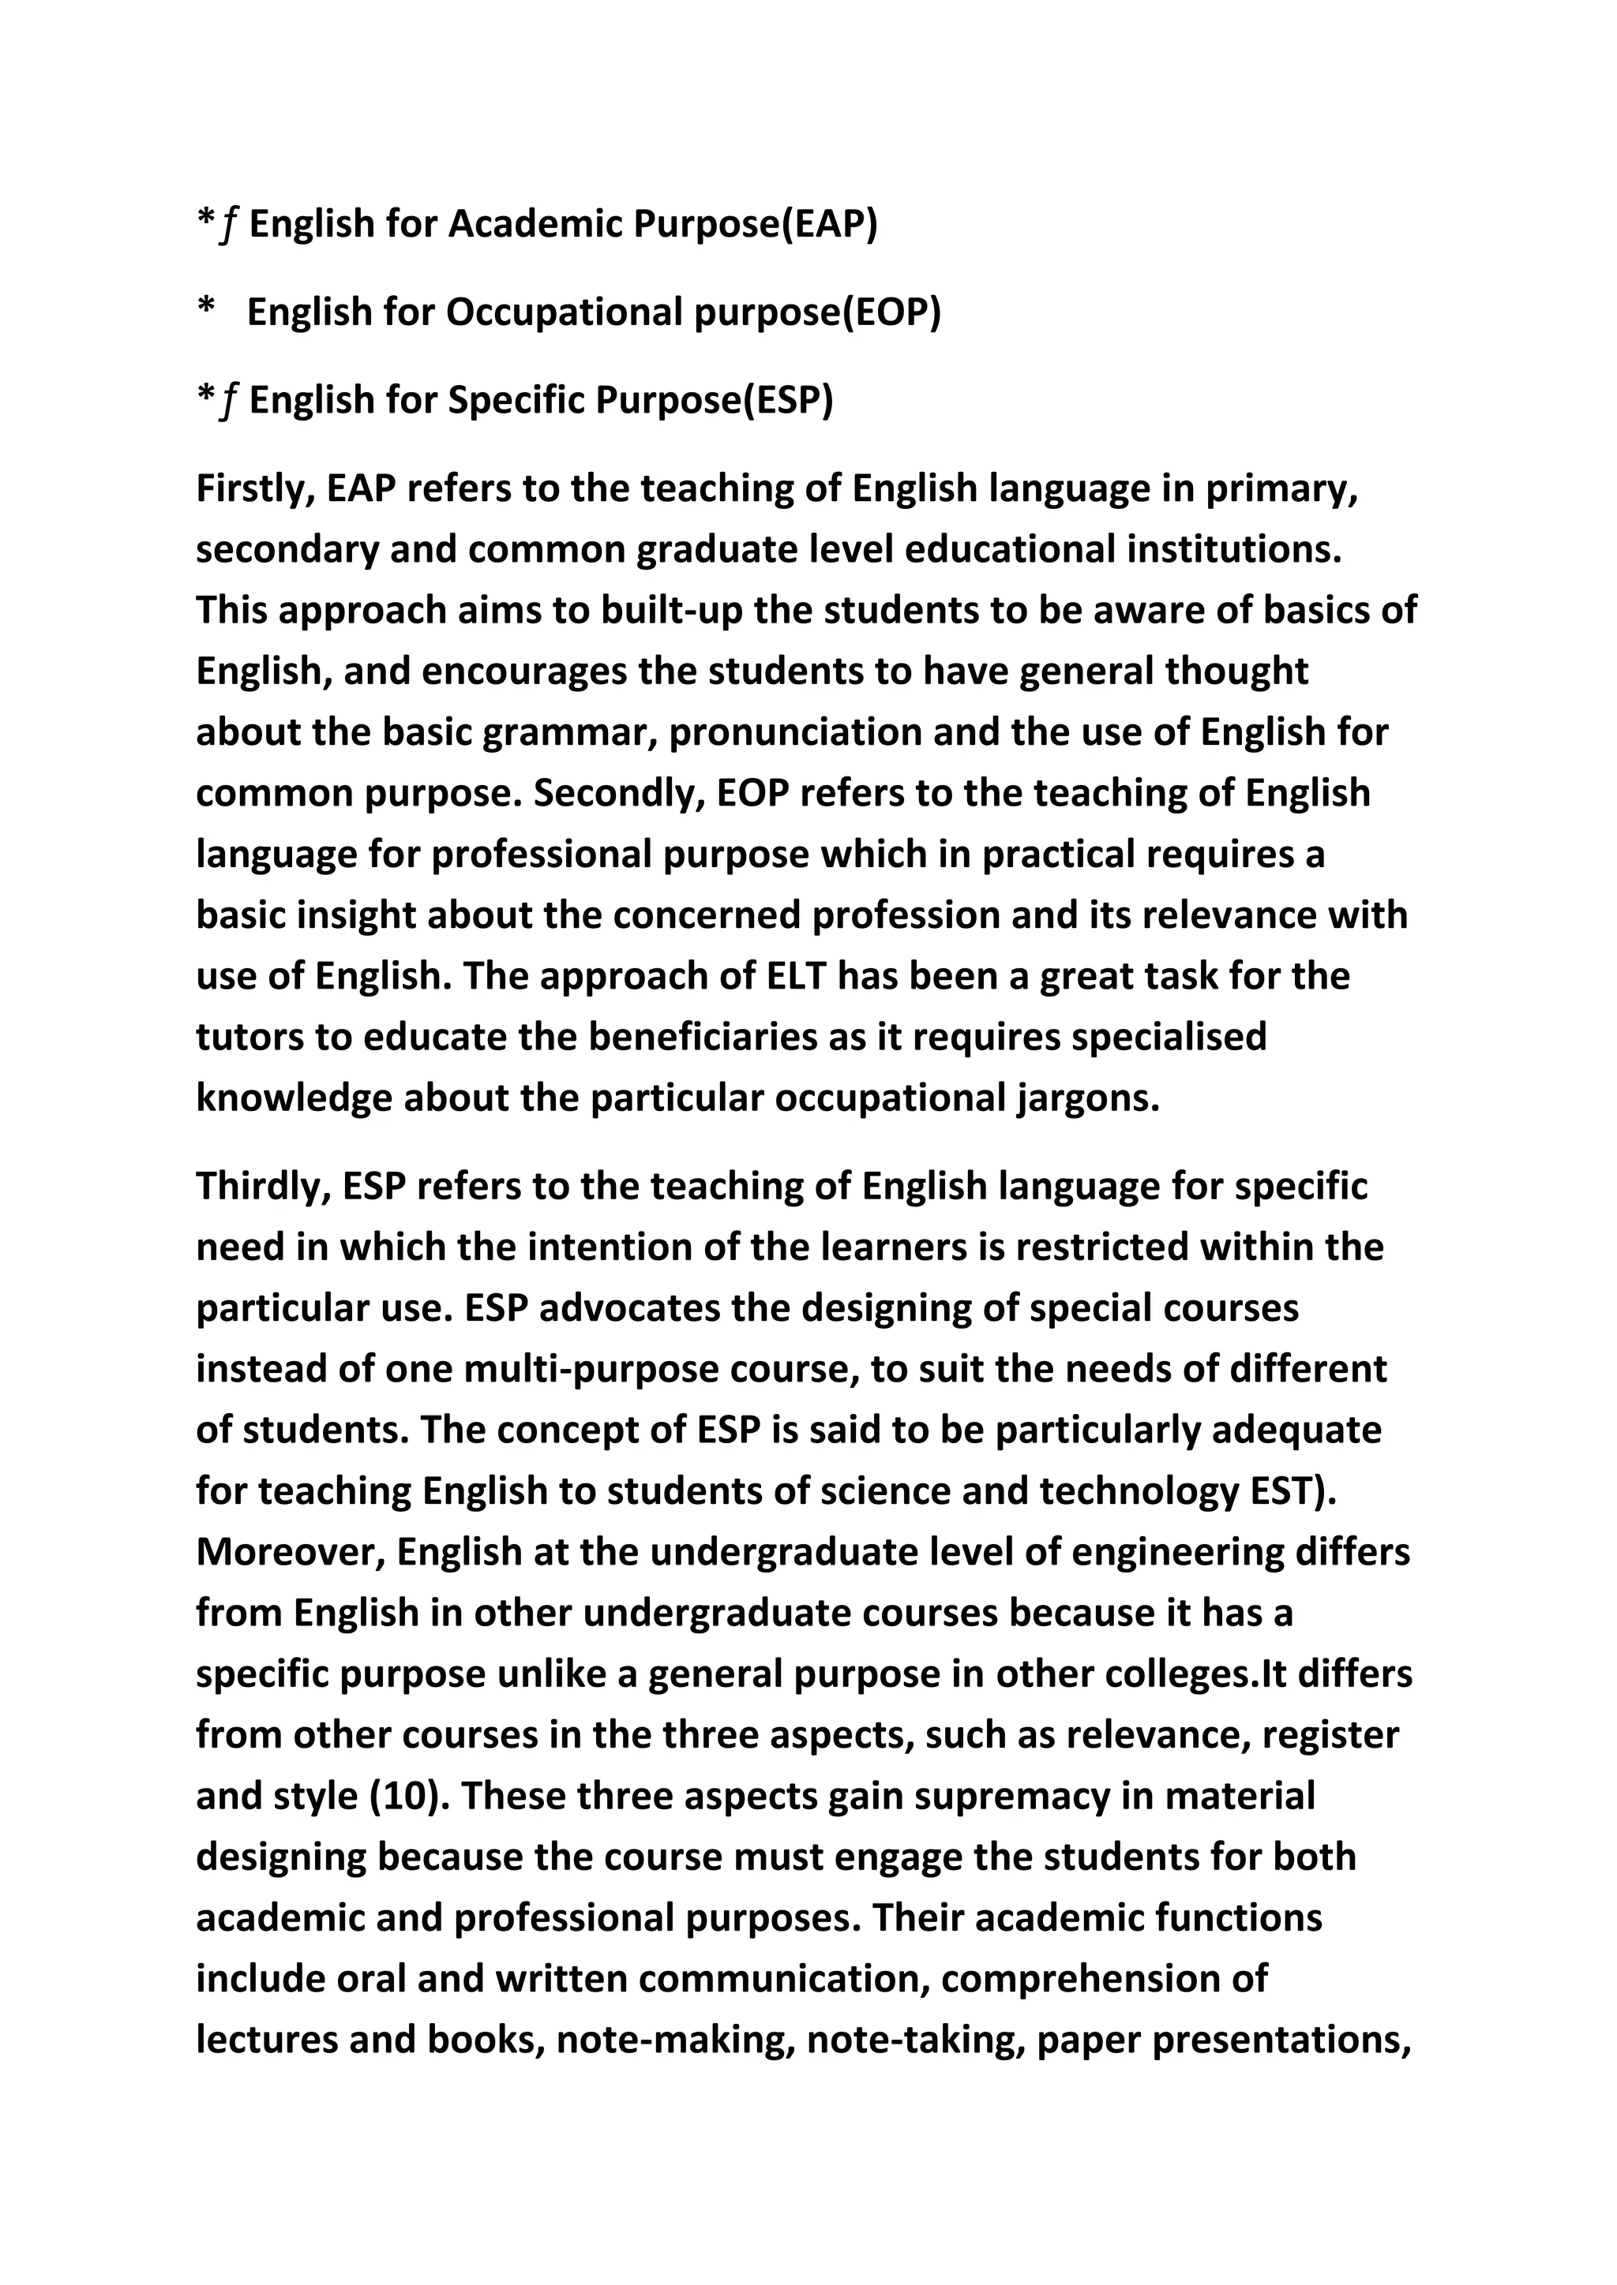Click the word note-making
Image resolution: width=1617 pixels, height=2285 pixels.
point(675,2039)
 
